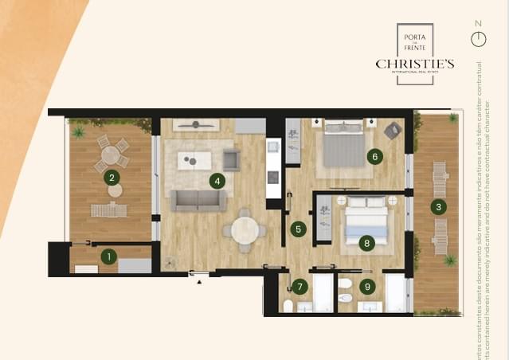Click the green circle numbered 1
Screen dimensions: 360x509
click(x=109, y=256)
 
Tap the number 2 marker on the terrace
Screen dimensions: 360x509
click(x=112, y=178)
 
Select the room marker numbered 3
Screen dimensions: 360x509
click(x=437, y=208)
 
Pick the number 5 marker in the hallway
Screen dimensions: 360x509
click(x=298, y=229)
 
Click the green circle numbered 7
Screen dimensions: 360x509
click(x=300, y=286)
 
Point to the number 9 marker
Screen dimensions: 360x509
click(x=366, y=286)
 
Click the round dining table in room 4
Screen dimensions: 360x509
click(x=245, y=229)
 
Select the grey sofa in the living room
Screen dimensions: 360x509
click(x=198, y=200)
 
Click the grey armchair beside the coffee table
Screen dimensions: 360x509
click(x=231, y=160)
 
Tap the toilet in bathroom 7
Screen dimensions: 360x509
click(x=288, y=307)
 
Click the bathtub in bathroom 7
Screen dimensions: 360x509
click(x=323, y=292)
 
